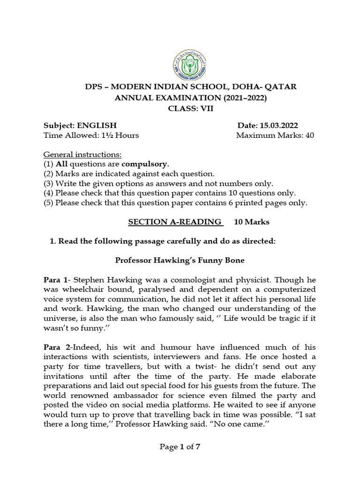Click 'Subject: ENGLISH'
(80, 126)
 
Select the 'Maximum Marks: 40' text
(275, 136)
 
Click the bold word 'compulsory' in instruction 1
(145, 165)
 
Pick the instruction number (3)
(49, 184)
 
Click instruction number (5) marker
(49, 203)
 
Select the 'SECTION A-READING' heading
(175, 222)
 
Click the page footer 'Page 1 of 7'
(180, 447)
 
